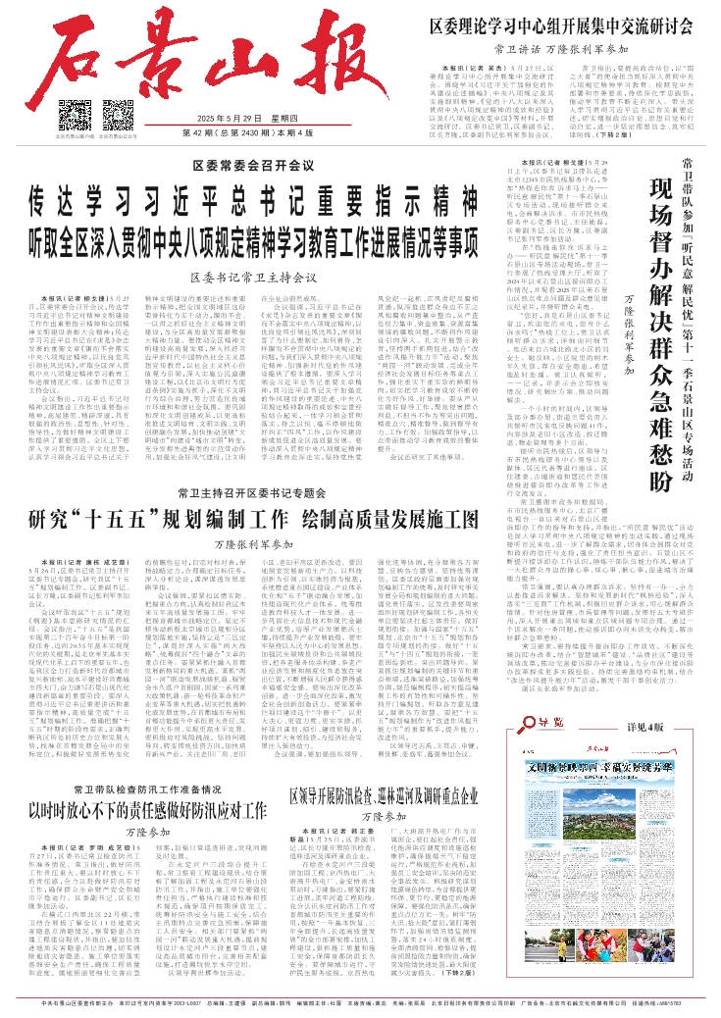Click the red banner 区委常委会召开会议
(x=239, y=168)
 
